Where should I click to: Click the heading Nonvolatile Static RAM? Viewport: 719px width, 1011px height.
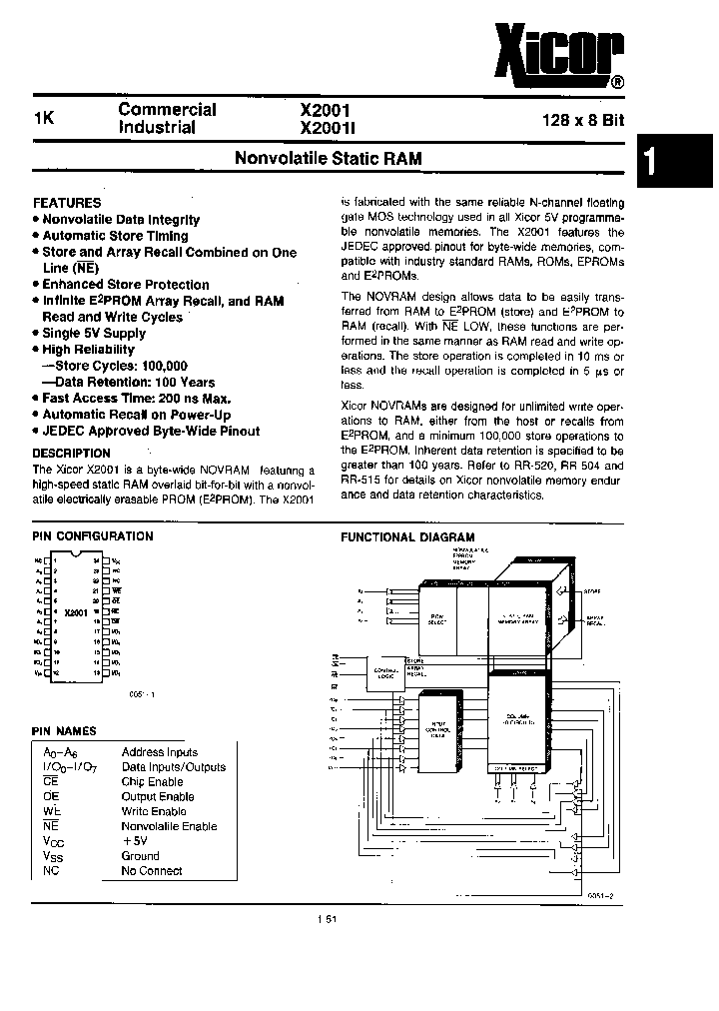click(328, 158)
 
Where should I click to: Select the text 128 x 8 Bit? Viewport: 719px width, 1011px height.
click(583, 118)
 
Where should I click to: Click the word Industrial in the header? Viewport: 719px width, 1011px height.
click(157, 128)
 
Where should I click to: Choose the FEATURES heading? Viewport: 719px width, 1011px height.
click(67, 202)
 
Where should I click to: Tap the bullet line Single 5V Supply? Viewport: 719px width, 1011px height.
click(94, 334)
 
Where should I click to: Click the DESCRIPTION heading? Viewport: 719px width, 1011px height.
click(72, 453)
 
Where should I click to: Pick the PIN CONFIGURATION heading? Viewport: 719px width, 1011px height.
click(93, 535)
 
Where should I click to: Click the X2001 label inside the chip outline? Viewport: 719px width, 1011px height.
click(76, 611)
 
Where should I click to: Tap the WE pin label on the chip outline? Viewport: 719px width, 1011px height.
click(116, 590)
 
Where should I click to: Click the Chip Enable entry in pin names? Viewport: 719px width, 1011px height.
click(152, 782)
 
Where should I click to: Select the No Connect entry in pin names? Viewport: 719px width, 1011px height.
click(152, 870)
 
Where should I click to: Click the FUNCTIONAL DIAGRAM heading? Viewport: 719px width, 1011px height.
click(408, 536)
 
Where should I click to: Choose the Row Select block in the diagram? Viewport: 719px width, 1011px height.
click(435, 620)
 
